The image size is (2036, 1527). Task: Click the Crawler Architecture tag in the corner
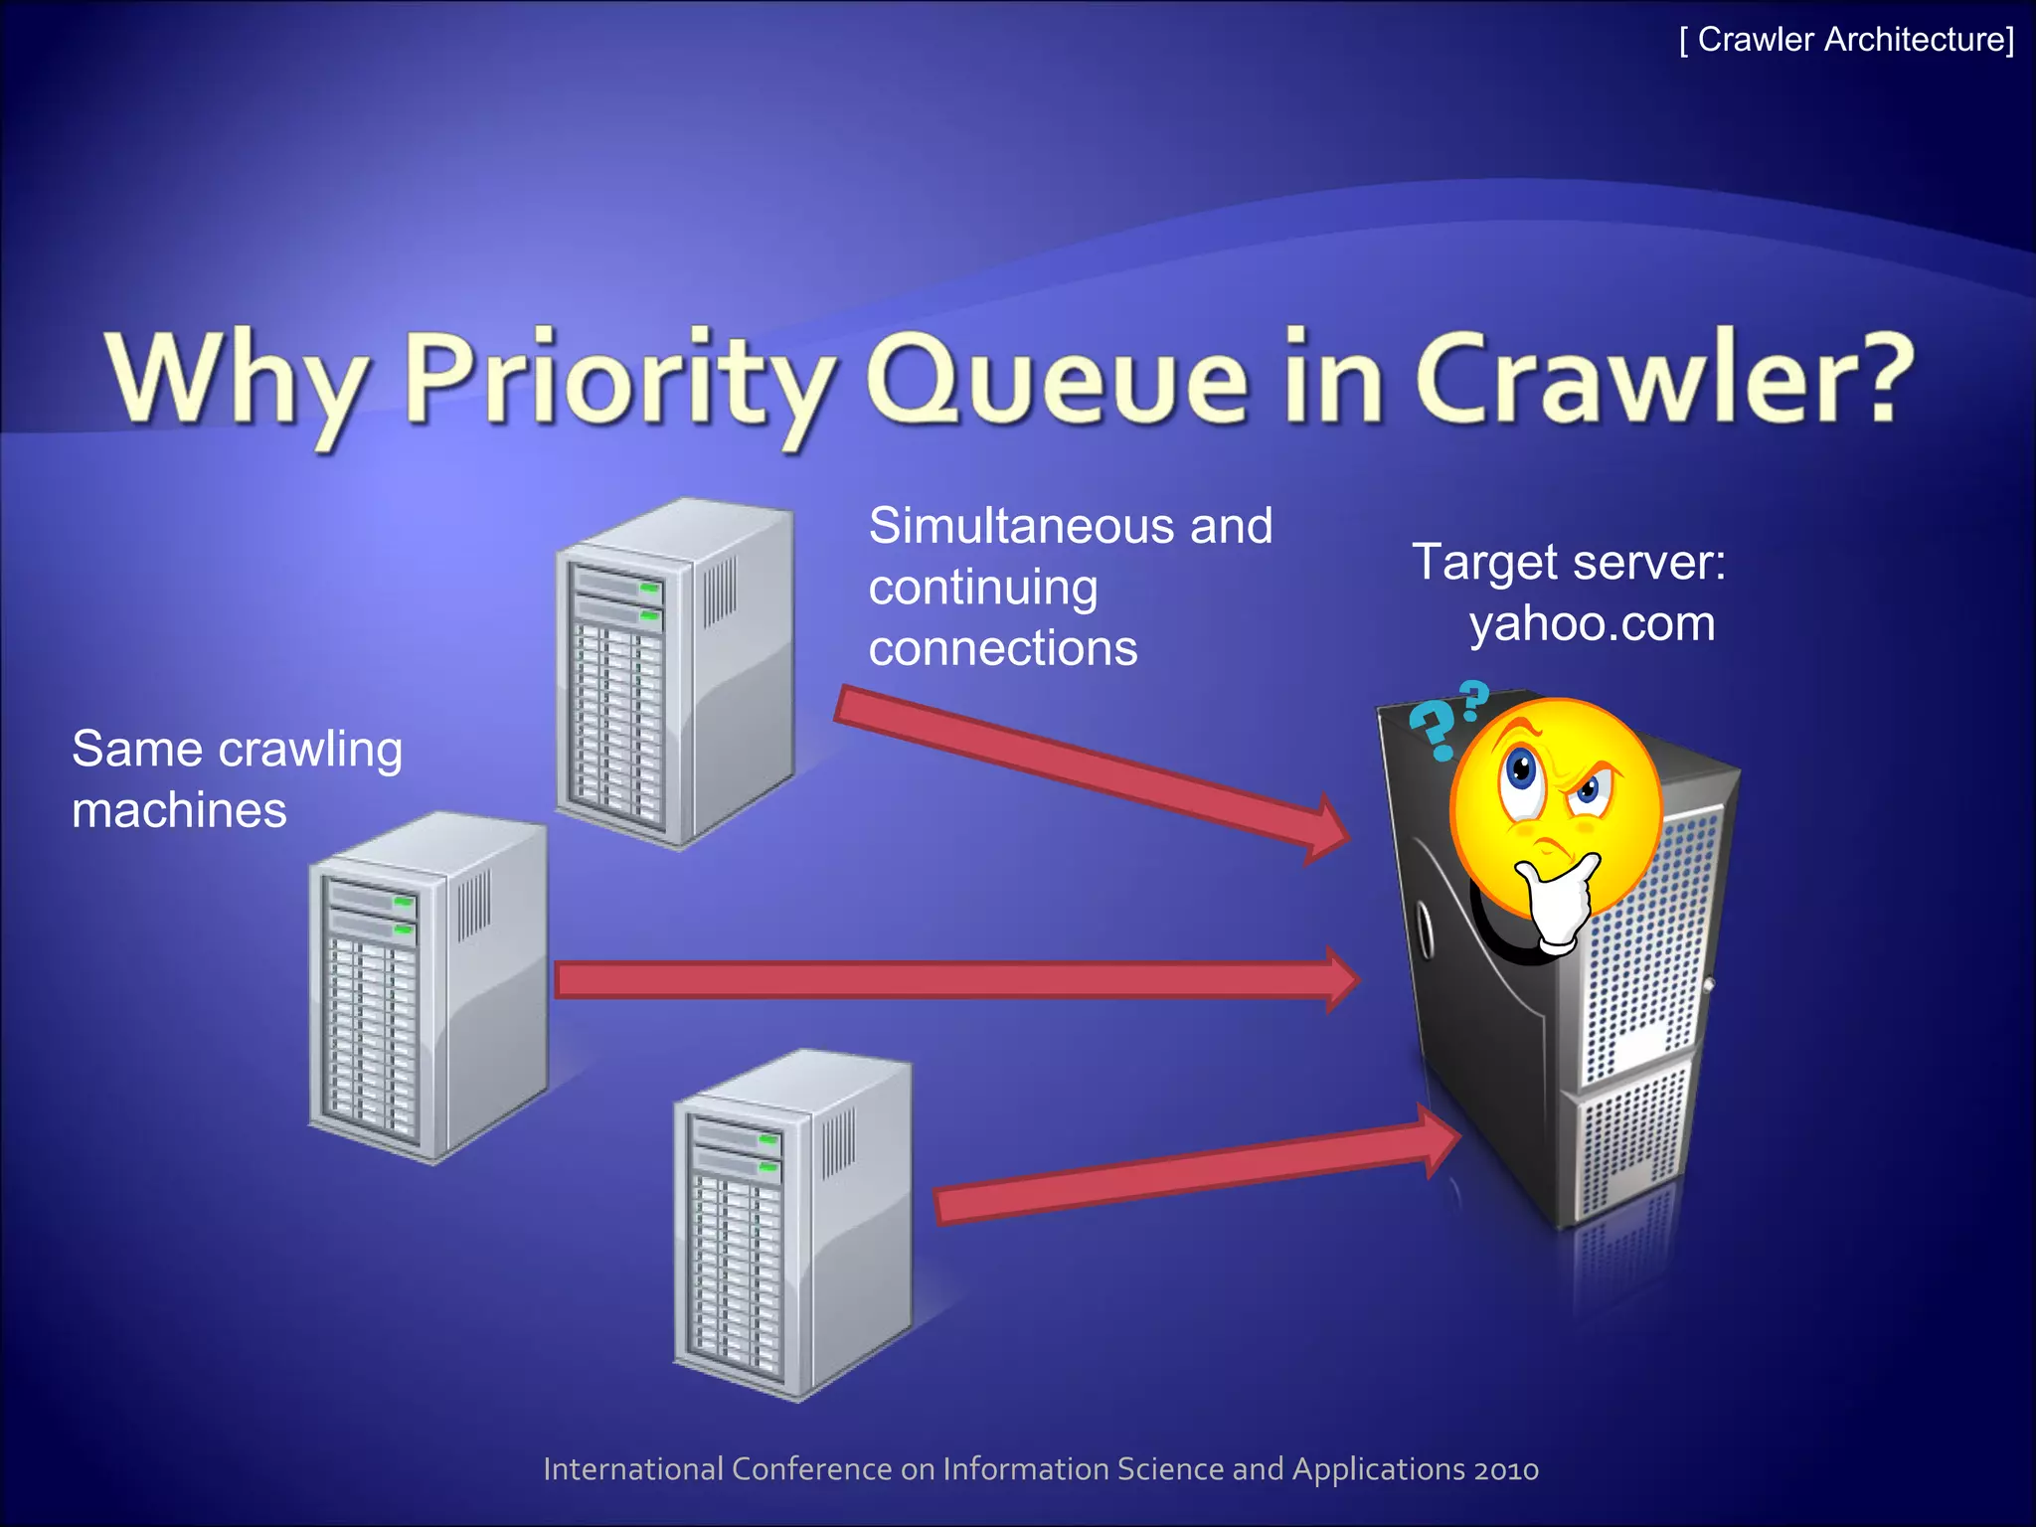(x=1846, y=40)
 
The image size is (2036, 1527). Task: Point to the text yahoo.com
(x=1592, y=624)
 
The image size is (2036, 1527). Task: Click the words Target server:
(x=1568, y=563)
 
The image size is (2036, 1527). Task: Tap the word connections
(x=1002, y=648)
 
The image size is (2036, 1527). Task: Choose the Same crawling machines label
(x=237, y=778)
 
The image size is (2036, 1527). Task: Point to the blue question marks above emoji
(x=1446, y=718)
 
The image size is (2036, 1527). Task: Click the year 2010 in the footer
(x=1506, y=1469)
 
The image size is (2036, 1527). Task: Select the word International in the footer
(x=633, y=1469)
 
